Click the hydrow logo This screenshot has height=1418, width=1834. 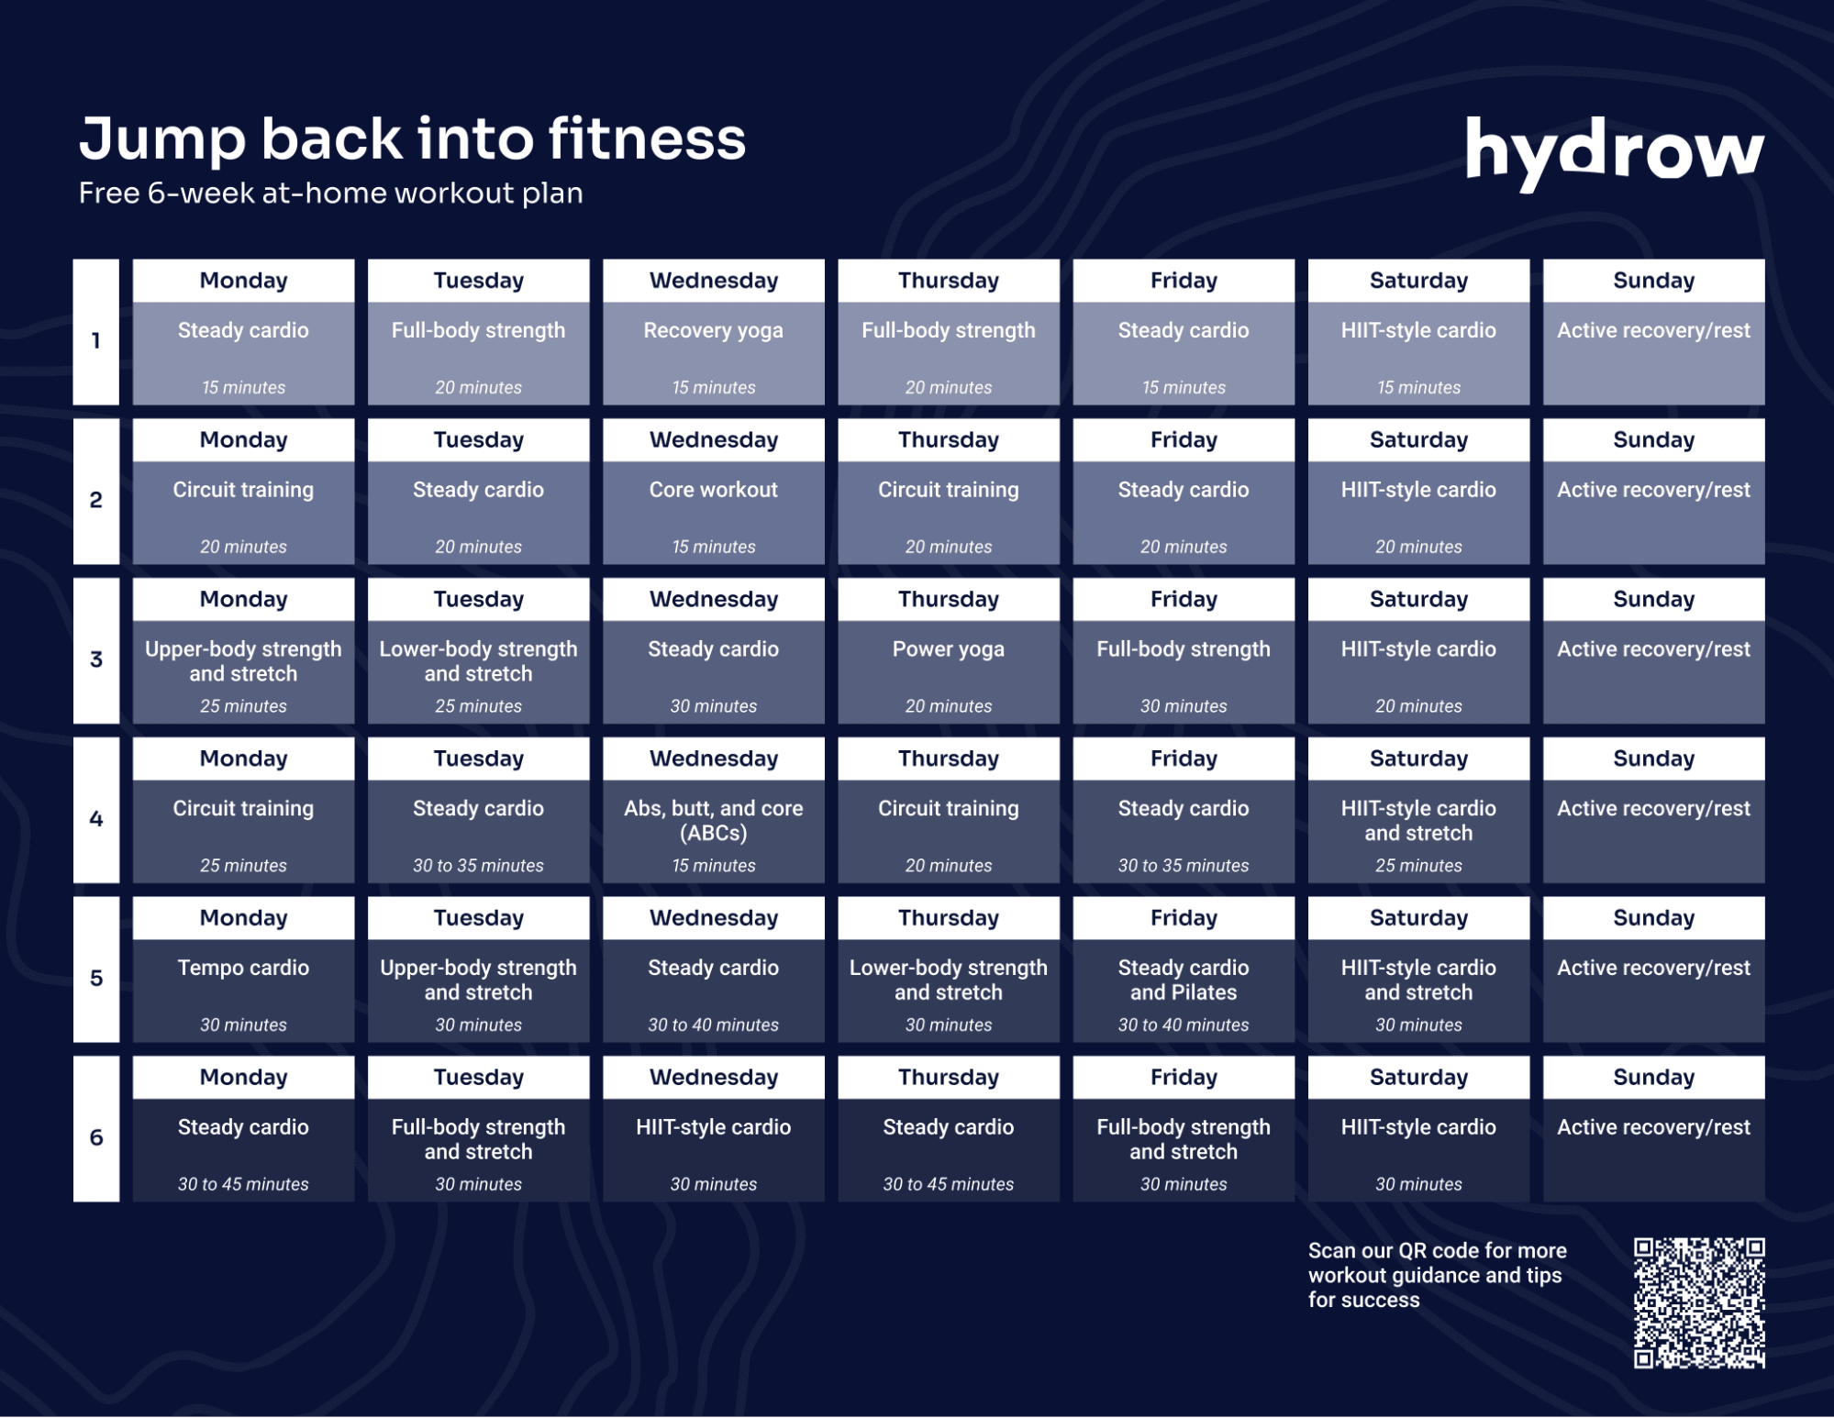pos(1614,151)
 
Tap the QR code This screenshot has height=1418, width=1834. pos(1698,1302)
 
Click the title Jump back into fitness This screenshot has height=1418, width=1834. pos(412,138)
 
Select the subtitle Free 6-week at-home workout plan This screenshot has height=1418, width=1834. pos(330,194)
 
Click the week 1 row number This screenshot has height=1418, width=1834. pos(96,340)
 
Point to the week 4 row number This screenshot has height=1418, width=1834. pos(96,818)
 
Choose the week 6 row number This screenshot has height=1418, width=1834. pos(96,1137)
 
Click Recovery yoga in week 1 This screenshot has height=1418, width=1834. pos(713,331)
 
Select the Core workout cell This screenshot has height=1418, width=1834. pos(713,491)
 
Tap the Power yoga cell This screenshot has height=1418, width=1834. pos(948,649)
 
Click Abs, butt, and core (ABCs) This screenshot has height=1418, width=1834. pos(713,821)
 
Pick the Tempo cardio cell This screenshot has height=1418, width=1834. pos(243,969)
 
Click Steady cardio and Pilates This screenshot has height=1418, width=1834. pos(1183,980)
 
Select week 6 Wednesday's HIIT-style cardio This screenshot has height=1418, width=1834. pos(713,1127)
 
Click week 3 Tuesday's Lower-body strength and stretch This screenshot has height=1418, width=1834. pos(478,661)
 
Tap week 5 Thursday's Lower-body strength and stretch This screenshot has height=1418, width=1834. pos(948,980)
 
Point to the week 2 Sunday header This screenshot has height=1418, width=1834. pos(1653,440)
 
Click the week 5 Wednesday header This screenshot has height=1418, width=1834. pos(713,918)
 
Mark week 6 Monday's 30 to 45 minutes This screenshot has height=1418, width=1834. pos(243,1184)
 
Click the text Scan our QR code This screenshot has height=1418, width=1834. pos(1437,1275)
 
